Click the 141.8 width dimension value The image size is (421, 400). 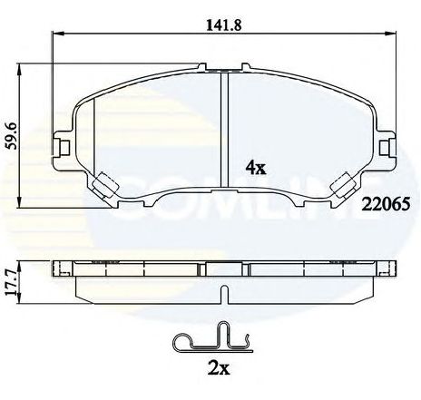224,25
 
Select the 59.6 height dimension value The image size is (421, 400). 13,136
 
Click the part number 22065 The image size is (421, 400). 386,204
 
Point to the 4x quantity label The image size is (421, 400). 256,167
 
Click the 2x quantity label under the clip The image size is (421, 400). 219,368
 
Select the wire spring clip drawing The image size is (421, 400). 212,338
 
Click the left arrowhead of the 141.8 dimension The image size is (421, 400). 58,33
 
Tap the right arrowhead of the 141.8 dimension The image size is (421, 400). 390,33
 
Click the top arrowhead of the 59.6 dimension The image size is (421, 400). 20,69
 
